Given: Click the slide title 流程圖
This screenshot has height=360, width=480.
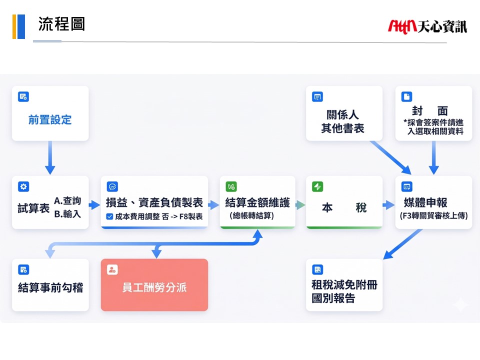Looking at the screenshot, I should click(x=61, y=23).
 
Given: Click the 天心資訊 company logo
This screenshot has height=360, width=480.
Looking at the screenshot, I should click(x=427, y=26).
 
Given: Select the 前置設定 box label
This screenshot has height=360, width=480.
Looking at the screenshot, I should click(x=50, y=120).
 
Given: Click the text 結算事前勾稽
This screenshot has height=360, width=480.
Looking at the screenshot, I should click(x=50, y=287).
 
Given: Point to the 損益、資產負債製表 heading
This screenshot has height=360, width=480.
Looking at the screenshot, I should click(x=154, y=202).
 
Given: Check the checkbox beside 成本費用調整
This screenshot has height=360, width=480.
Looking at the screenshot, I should click(x=109, y=216).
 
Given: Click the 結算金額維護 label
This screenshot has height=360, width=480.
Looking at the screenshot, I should click(x=257, y=202).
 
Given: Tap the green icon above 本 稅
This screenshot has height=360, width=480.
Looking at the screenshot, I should click(x=317, y=187).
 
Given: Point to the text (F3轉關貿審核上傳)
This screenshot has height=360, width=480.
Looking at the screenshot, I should click(x=433, y=216).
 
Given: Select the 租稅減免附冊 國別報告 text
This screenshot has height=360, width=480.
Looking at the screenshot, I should click(x=344, y=292).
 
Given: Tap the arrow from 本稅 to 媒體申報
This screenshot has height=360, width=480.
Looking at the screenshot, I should click(x=388, y=205).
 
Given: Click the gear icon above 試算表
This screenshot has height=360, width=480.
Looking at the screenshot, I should click(x=23, y=187).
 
